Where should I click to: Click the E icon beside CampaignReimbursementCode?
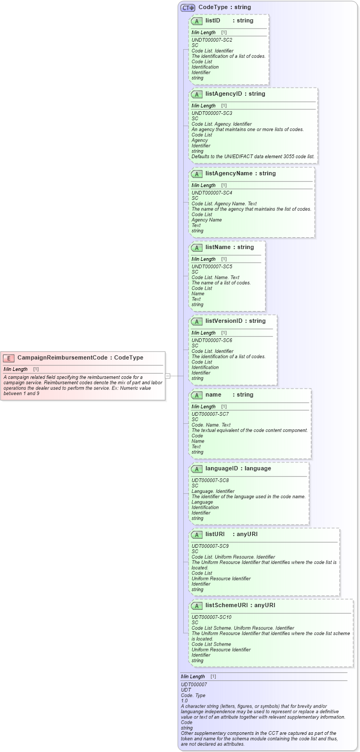[9, 358]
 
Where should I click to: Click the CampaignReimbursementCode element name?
[65, 358]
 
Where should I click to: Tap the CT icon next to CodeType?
[187, 7]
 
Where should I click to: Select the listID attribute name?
[213, 20]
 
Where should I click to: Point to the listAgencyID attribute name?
[223, 94]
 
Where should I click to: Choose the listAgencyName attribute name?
[229, 173]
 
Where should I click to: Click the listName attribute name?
[217, 247]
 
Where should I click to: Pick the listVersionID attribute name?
[224, 321]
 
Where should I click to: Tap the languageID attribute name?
[222, 468]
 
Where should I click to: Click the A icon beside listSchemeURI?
[197, 606]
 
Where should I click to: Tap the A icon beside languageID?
[197, 469]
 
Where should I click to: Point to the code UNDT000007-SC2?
[212, 40]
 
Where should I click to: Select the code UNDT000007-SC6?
[212, 340]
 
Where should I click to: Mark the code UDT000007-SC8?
[210, 480]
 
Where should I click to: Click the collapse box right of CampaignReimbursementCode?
[168, 376]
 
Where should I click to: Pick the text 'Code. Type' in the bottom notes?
[193, 695]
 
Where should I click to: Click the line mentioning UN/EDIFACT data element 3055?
[253, 157]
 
